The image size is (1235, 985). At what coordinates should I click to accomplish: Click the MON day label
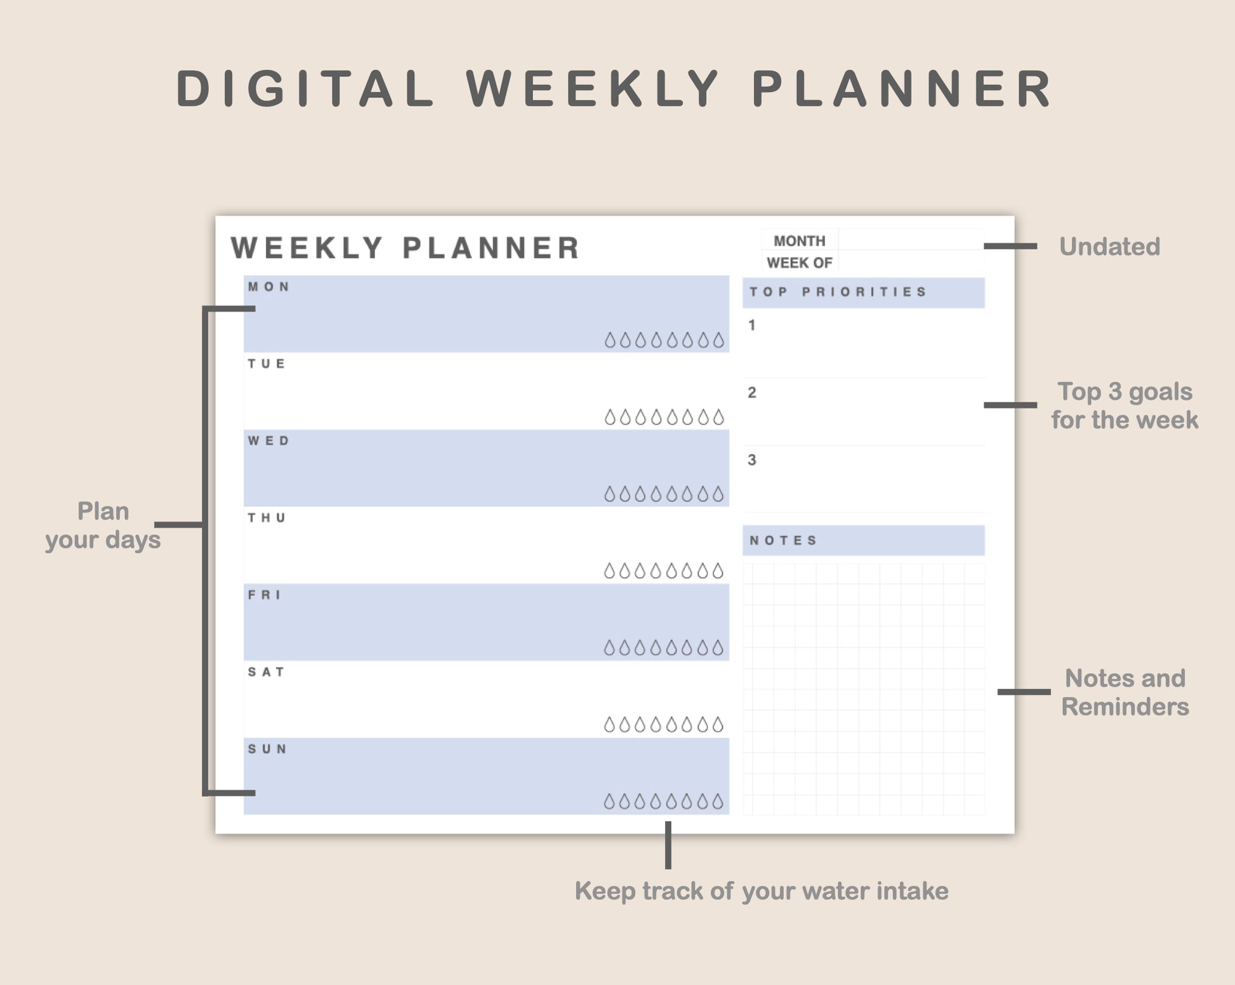pos(268,287)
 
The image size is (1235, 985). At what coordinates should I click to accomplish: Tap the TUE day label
pos(267,364)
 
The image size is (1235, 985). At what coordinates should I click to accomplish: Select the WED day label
pos(268,441)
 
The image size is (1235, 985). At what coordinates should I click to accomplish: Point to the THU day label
pos(267,518)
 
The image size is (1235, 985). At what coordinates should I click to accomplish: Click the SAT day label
pos(266,672)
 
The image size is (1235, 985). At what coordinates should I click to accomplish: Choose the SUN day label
pos(267,749)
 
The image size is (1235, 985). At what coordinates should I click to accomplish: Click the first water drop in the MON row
pos(610,340)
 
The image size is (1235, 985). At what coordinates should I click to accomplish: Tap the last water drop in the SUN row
pos(718,802)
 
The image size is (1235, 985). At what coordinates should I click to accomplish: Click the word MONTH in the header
pos(800,241)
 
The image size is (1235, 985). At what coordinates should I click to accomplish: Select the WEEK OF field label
pos(800,263)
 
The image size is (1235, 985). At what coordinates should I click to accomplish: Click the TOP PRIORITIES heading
pos(838,292)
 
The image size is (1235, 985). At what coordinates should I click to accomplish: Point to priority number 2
pos(752,392)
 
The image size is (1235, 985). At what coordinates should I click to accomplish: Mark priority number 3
pos(752,460)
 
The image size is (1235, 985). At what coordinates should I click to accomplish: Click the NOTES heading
pos(784,540)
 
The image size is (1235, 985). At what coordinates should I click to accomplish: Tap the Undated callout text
pos(1110,246)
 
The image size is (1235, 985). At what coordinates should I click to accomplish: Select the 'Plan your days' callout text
pos(103,525)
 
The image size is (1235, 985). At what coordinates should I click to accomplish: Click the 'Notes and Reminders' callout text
pos(1125,692)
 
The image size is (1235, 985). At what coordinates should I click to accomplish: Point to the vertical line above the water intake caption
pos(668,845)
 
